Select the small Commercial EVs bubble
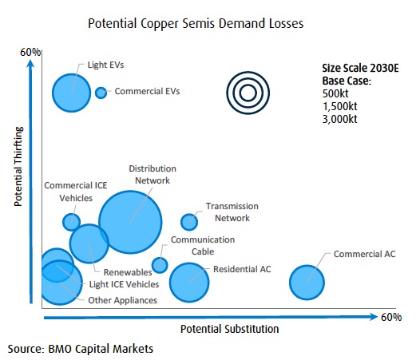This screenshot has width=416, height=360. pos(101,93)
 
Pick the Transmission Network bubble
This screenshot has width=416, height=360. pos(189,221)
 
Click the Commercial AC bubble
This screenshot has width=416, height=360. pos(307,280)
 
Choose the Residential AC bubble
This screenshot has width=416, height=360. pos(189,279)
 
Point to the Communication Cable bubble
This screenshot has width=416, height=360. pos(160,265)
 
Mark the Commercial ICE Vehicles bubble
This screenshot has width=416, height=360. pos(71,221)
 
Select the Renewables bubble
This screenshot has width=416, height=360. pos(89,243)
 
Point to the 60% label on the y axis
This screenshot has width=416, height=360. pos(30,53)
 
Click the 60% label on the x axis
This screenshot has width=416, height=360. pos(390,318)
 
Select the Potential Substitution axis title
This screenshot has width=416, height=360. pos(229,329)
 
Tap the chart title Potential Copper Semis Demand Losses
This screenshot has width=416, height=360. pos(197,25)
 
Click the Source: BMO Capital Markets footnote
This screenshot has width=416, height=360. pos(80,349)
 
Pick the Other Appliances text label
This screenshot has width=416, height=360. pos(122,300)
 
